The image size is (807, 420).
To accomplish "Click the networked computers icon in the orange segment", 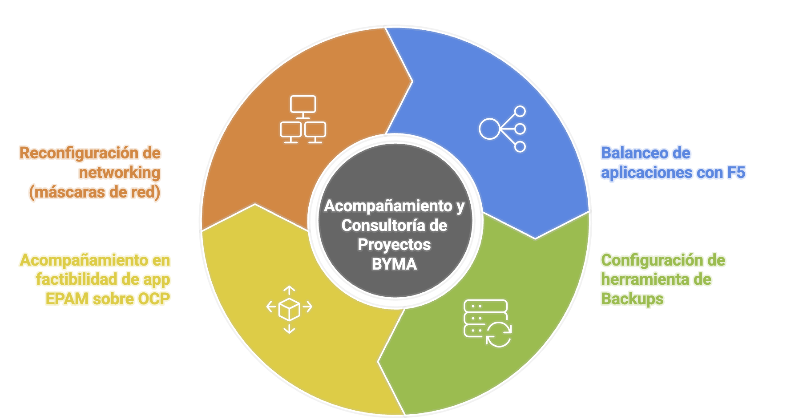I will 303,119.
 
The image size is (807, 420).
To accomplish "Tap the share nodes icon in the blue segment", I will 502,129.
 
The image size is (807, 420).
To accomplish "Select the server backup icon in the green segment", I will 487,323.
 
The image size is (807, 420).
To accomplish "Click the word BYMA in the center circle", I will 394,264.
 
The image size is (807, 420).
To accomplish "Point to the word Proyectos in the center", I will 394,245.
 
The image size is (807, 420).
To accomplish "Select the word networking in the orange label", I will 119,173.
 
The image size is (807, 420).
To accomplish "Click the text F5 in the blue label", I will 736,173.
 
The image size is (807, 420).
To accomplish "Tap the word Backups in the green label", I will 632,299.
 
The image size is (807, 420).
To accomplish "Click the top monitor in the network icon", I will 303,105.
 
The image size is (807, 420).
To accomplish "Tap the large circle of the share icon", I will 489,129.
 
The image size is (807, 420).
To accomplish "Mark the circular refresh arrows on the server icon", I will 499,335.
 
